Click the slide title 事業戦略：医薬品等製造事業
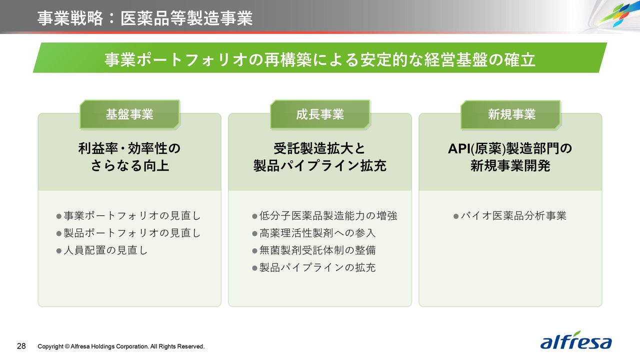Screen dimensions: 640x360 [145, 18]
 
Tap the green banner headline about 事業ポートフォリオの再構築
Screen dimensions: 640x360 [319, 59]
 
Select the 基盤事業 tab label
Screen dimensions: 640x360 [129, 114]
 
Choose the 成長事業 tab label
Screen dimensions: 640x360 [320, 114]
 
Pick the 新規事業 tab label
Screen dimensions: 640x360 [511, 114]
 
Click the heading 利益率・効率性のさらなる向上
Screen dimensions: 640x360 [129, 157]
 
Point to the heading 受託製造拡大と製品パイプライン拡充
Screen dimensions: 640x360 [320, 157]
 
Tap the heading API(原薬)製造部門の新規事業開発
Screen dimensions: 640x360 [510, 157]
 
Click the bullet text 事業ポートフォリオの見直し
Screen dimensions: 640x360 [132, 215]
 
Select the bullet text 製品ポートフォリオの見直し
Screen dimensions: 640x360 [132, 233]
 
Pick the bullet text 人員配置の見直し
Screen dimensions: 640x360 [105, 250]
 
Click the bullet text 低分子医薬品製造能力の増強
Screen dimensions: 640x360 [328, 215]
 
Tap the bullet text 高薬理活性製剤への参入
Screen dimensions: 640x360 [317, 233]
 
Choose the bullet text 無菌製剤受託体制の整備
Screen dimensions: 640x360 [317, 250]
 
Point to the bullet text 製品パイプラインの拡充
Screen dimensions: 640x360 [317, 267]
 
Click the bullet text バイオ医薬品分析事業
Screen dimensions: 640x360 [513, 215]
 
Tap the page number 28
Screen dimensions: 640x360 [21, 346]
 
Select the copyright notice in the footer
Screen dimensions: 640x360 [121, 346]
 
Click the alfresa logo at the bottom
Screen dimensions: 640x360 [575, 340]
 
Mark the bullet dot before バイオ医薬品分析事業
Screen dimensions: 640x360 [456, 216]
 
